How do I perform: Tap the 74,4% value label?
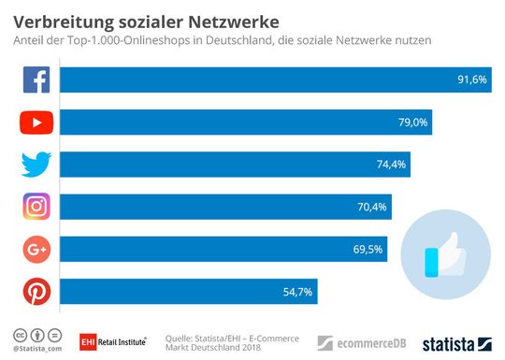point(391,165)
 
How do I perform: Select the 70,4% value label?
point(371,207)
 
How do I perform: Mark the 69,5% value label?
point(368,250)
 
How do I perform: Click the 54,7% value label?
point(298,292)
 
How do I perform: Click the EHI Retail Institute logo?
point(112,341)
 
